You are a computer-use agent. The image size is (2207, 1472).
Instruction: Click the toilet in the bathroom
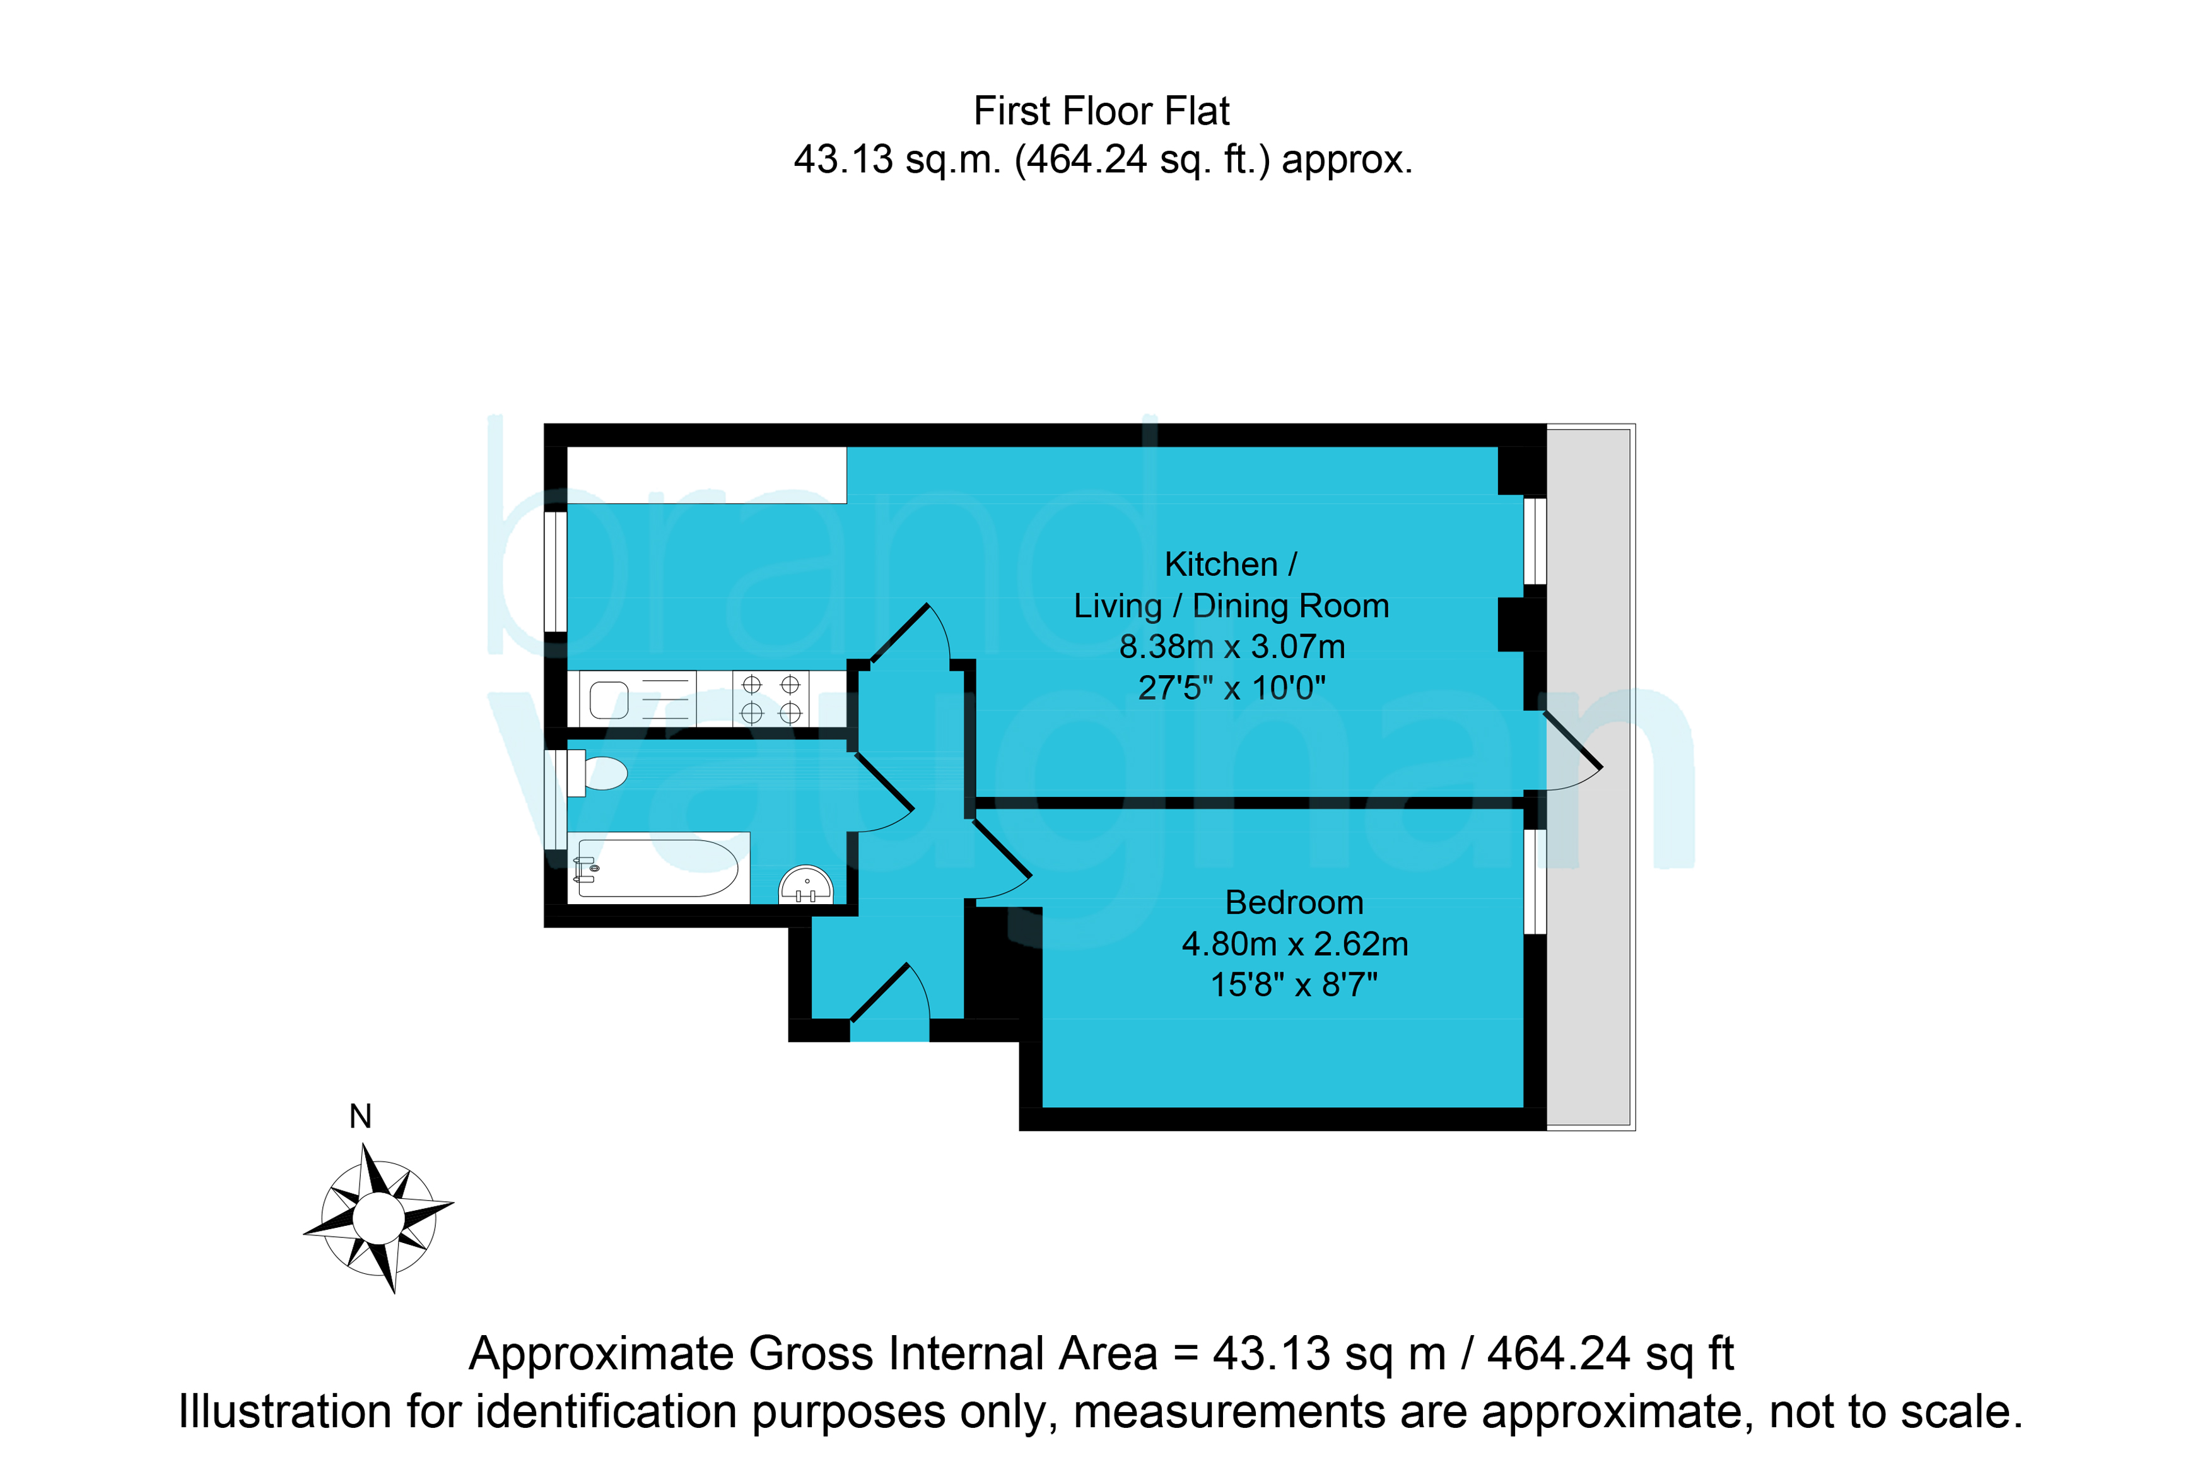click(x=598, y=773)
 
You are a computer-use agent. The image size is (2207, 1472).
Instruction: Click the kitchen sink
click(x=638, y=698)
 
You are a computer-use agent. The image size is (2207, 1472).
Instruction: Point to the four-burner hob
click(x=770, y=698)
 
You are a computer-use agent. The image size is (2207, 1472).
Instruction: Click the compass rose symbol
click(x=378, y=1218)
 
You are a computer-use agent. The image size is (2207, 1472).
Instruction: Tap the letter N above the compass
click(x=360, y=1116)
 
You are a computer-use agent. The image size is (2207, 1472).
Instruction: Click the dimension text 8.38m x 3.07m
click(x=1232, y=647)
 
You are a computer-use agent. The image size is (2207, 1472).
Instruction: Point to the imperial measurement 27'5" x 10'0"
click(x=1232, y=688)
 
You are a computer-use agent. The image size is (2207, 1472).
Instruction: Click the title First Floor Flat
click(x=1102, y=111)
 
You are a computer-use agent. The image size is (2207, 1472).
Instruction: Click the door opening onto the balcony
click(x=1572, y=751)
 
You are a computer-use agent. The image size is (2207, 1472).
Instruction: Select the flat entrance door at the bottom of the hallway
click(x=889, y=1000)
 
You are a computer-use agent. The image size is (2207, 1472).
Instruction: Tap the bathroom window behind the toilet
click(x=556, y=799)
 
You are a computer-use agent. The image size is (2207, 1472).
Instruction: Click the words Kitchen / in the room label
click(x=1230, y=564)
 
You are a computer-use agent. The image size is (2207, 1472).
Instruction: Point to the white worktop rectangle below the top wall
click(x=706, y=475)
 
